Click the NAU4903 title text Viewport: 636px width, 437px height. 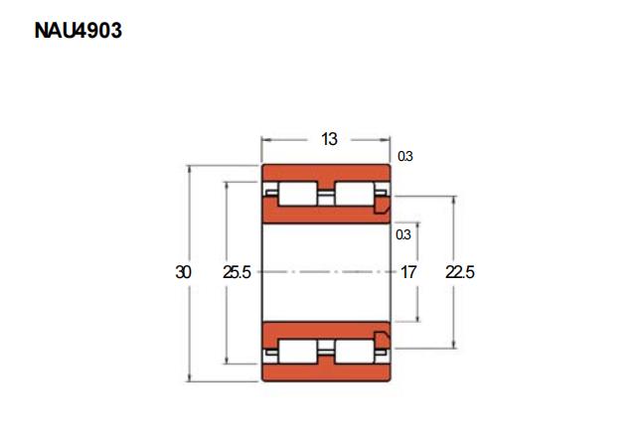pos(78,31)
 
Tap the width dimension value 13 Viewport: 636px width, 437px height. pos(329,139)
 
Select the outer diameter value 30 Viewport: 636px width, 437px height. pos(183,272)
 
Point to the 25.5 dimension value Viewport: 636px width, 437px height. pos(237,272)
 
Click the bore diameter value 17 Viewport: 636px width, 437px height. pos(408,272)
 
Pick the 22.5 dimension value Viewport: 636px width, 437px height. pos(459,272)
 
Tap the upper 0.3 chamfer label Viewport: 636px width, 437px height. pos(404,156)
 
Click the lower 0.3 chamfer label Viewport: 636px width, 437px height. pos(403,234)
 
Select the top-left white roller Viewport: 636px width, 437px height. pos(298,194)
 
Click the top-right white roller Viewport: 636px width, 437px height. pos(355,194)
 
